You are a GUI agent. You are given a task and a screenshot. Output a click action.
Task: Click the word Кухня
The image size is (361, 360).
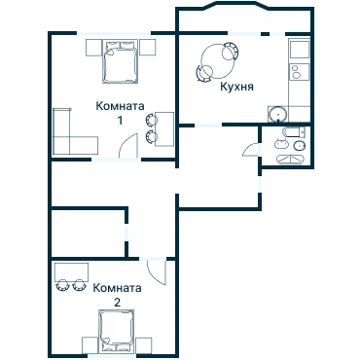(x=236, y=87)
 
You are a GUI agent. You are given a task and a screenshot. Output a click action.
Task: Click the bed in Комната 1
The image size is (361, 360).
(x=119, y=61)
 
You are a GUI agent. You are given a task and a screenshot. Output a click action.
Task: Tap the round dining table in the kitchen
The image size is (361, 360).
(x=218, y=61)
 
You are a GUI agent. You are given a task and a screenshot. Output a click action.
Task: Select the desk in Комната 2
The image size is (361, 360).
(x=72, y=272)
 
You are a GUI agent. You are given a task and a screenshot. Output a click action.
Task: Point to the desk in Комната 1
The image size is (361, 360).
(x=164, y=129)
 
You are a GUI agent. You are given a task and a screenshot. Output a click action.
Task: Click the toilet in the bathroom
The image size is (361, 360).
(x=300, y=146)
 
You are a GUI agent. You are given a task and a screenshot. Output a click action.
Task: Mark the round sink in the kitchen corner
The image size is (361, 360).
(x=277, y=114)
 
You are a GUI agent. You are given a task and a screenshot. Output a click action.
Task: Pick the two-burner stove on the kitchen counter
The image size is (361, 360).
(x=300, y=72)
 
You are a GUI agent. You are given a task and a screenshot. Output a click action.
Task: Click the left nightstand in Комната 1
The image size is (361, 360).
(x=94, y=48)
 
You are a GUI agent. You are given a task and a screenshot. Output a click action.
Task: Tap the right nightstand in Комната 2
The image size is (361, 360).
(x=144, y=345)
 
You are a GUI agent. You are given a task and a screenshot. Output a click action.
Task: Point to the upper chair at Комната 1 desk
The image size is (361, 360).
(x=152, y=120)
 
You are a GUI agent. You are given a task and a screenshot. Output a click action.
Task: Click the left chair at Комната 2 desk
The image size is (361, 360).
(x=62, y=285)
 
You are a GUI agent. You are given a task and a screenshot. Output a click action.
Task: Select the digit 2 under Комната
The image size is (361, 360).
(x=117, y=303)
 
